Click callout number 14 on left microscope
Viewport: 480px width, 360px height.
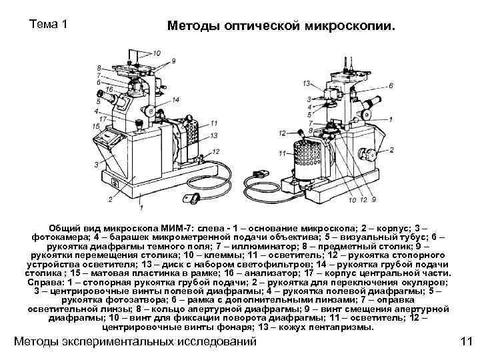tap(175, 99)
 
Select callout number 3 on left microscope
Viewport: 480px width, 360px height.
tap(98, 164)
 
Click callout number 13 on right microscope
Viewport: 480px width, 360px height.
tap(306, 83)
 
